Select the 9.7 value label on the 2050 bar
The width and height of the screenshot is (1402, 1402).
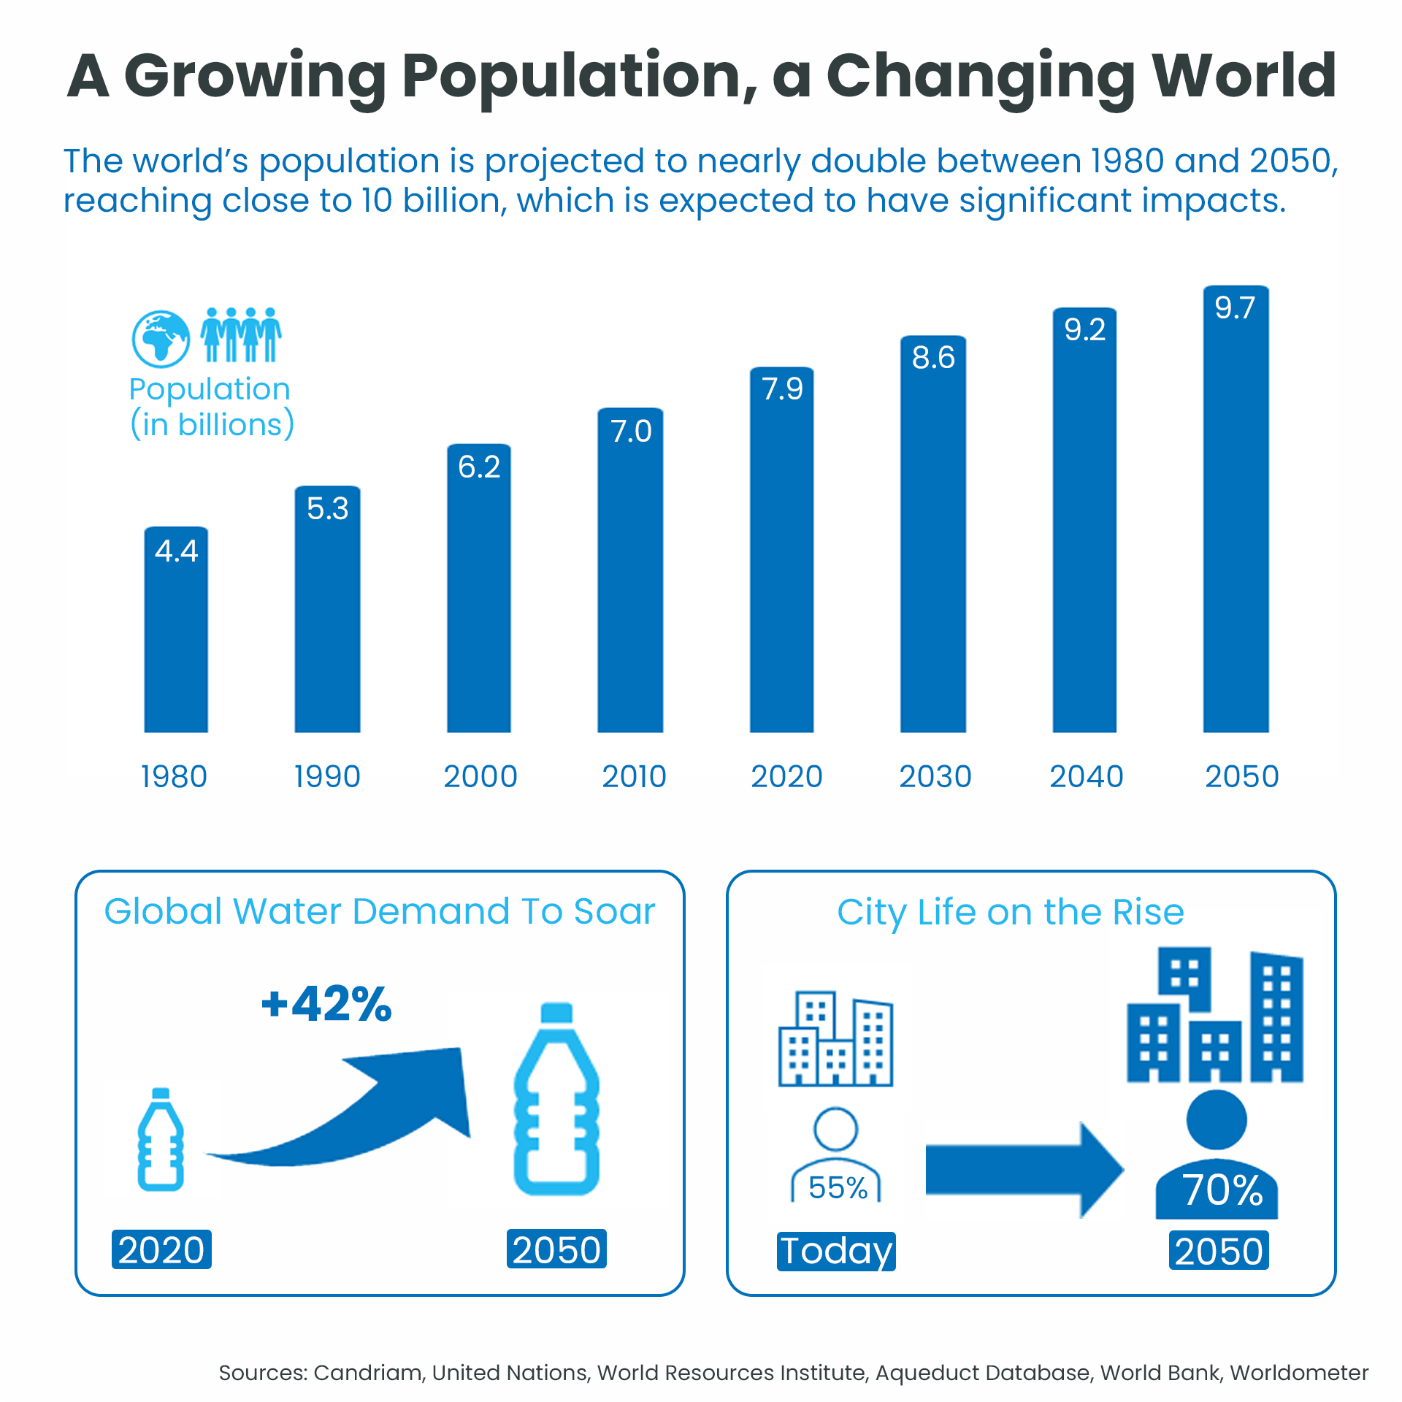click(x=1235, y=308)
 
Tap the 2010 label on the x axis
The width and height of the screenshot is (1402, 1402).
click(x=634, y=776)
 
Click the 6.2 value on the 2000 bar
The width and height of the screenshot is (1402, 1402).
click(x=479, y=467)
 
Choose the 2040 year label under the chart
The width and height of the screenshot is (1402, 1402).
click(x=1086, y=776)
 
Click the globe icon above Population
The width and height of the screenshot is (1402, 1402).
click(x=161, y=339)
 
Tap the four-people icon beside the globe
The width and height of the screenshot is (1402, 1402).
click(x=241, y=334)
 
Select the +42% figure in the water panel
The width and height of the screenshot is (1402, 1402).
click(x=326, y=1004)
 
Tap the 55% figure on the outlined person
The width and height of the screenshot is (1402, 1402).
click(x=838, y=1188)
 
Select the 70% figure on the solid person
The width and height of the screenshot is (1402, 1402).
click(x=1222, y=1190)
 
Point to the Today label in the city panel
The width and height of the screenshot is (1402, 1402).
click(x=836, y=1251)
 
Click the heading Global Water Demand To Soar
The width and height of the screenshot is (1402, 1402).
click(x=380, y=911)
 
